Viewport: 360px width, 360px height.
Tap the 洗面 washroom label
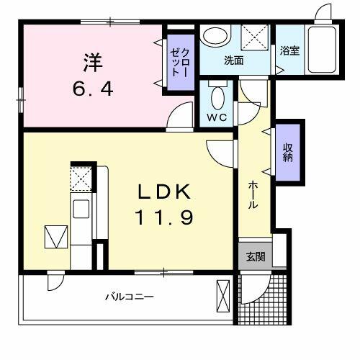pos(233,61)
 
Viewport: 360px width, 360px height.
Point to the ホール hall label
pos(253,194)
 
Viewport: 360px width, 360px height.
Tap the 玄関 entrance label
pos(255,257)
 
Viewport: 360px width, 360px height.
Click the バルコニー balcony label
pos(130,297)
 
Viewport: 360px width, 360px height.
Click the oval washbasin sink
pos(213,36)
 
